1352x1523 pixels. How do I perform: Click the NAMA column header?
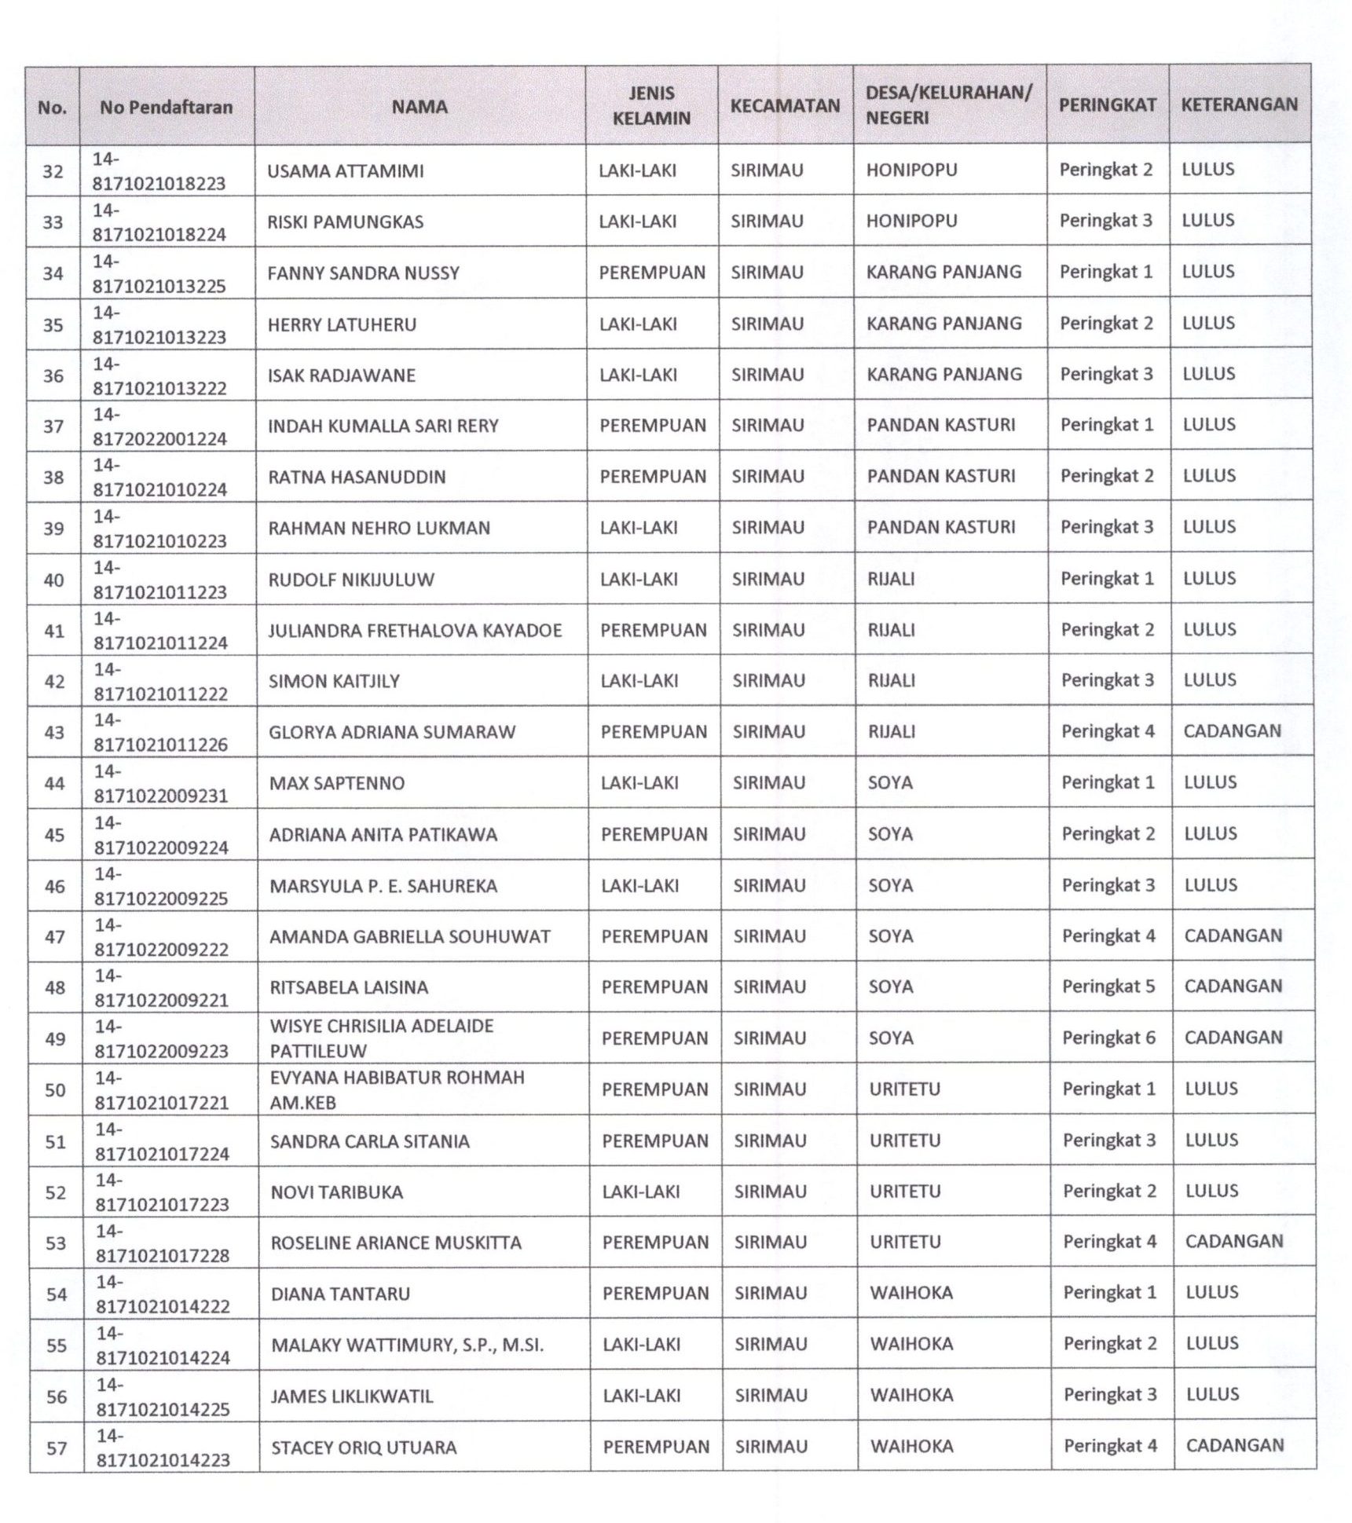[x=420, y=107]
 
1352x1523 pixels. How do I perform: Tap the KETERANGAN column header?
[x=1239, y=104]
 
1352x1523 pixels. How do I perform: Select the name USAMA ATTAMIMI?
[x=345, y=171]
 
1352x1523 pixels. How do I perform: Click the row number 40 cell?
[x=53, y=580]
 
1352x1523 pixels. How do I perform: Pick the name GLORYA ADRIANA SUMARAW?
[x=392, y=732]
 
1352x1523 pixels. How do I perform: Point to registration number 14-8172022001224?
[x=159, y=427]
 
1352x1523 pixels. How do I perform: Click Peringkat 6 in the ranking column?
[x=1108, y=1038]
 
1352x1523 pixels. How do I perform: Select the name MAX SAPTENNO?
[x=337, y=783]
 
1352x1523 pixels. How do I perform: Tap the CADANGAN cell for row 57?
[x=1234, y=1445]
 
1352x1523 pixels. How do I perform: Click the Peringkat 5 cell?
[x=1108, y=987]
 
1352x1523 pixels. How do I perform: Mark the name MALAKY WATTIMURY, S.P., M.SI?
[x=407, y=1345]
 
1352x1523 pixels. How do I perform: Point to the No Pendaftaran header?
[x=166, y=108]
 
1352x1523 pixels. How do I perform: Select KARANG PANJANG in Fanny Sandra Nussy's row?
[x=943, y=272]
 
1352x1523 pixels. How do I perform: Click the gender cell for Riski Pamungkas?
[x=637, y=221]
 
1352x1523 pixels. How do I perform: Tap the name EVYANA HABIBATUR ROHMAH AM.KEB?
[x=397, y=1089]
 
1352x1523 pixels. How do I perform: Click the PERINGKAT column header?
[x=1107, y=105]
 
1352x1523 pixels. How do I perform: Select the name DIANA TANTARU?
[x=340, y=1294]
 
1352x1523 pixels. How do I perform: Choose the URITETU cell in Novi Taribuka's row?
[x=904, y=1192]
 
